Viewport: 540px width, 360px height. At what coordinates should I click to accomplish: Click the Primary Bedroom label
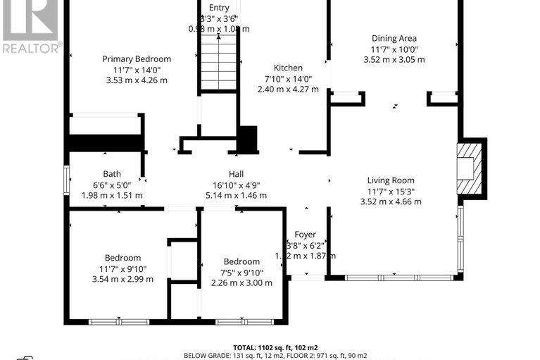[x=137, y=59]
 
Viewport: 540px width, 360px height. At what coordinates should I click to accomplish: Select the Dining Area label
[x=394, y=39]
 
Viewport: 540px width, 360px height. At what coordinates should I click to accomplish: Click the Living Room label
[x=391, y=180]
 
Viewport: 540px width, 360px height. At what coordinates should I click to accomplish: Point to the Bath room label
[x=112, y=174]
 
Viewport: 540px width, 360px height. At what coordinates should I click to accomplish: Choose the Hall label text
[x=236, y=174]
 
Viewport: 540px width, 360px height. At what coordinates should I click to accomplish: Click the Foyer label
[x=305, y=235]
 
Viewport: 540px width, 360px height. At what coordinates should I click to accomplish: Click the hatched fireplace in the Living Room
[x=469, y=168]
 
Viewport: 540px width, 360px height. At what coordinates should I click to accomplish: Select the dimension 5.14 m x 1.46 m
[x=236, y=195]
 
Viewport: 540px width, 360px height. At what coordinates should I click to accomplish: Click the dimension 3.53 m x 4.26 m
[x=137, y=80]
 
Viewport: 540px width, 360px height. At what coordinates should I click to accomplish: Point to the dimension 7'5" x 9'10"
[x=241, y=273]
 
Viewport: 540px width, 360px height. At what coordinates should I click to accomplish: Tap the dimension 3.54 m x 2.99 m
[x=123, y=280]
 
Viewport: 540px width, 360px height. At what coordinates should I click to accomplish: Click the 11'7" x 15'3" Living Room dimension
[x=391, y=191]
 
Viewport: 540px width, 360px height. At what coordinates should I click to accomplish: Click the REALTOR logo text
[x=31, y=48]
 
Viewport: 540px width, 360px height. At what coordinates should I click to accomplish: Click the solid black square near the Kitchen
[x=247, y=139]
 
